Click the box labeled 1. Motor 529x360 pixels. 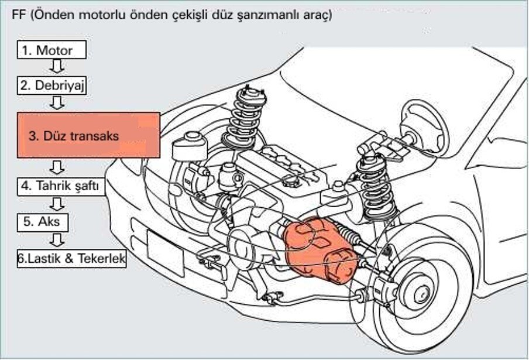click(x=52, y=50)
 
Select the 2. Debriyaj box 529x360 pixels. click(x=52, y=85)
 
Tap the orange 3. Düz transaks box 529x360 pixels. click(x=88, y=135)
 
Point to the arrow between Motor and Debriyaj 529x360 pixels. click(x=57, y=67)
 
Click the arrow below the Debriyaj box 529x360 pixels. click(x=57, y=103)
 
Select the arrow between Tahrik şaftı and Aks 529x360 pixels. click(x=57, y=204)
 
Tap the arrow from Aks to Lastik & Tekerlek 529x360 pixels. click(x=57, y=239)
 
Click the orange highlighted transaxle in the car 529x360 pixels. click(x=319, y=249)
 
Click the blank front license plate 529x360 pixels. click(x=164, y=248)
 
